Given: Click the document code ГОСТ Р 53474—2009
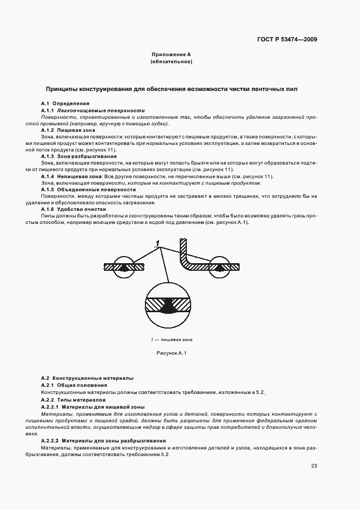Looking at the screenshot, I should pyautogui.click(x=287, y=40).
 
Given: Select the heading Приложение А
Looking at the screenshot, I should pyautogui.click(x=171, y=55).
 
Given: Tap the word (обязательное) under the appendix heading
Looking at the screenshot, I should pyautogui.click(x=171, y=62).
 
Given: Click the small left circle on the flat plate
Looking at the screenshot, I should pyautogui.click(x=125, y=266).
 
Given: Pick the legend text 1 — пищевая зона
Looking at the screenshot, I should pyautogui.click(x=172, y=339).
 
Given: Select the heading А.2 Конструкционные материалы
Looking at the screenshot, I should pyautogui.click(x=87, y=378).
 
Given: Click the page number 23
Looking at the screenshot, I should pyautogui.click(x=314, y=465).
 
